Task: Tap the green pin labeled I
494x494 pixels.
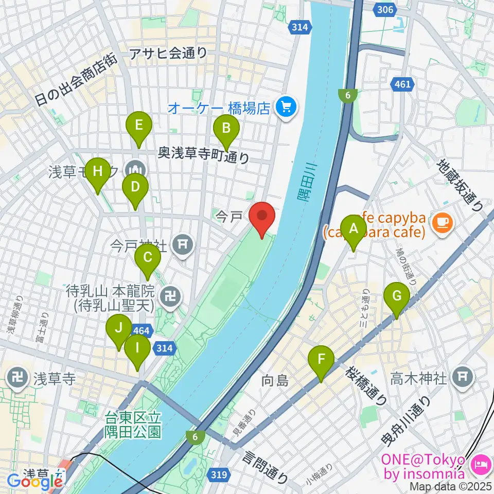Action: tap(137, 348)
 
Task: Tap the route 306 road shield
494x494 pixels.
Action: tap(394, 10)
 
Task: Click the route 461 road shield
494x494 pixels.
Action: tap(401, 83)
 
